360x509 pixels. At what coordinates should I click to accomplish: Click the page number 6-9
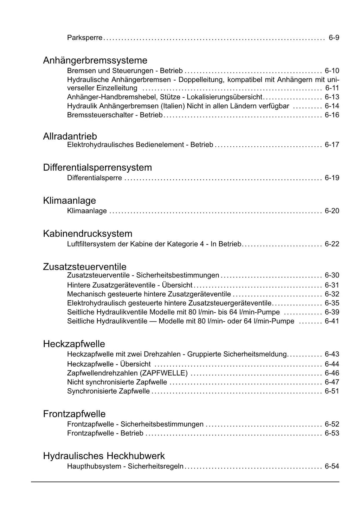[334, 38]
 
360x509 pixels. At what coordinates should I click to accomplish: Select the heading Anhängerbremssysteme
[95, 61]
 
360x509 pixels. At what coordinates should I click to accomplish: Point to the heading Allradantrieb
[70, 136]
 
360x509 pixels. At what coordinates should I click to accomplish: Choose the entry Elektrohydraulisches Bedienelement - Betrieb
[140, 145]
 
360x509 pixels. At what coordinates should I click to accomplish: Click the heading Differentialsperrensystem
[97, 167]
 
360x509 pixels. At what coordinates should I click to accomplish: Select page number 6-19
[332, 178]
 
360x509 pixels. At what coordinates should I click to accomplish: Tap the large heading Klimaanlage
[69, 201]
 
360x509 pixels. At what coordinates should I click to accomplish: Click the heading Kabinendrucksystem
[88, 234]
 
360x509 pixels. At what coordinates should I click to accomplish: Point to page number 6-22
[332, 244]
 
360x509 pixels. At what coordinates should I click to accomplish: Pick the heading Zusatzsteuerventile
[84, 267]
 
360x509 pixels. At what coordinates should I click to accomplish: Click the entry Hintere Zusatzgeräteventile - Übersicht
[130, 285]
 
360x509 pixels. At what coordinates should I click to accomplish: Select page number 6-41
[332, 321]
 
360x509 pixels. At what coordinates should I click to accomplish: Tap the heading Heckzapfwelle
[74, 344]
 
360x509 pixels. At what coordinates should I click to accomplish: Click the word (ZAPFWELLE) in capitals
[164, 373]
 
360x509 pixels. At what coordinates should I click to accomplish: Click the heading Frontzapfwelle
[74, 414]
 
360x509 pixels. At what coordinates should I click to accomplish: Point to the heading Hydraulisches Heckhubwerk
[104, 456]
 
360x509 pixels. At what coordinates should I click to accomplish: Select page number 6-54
[332, 467]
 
